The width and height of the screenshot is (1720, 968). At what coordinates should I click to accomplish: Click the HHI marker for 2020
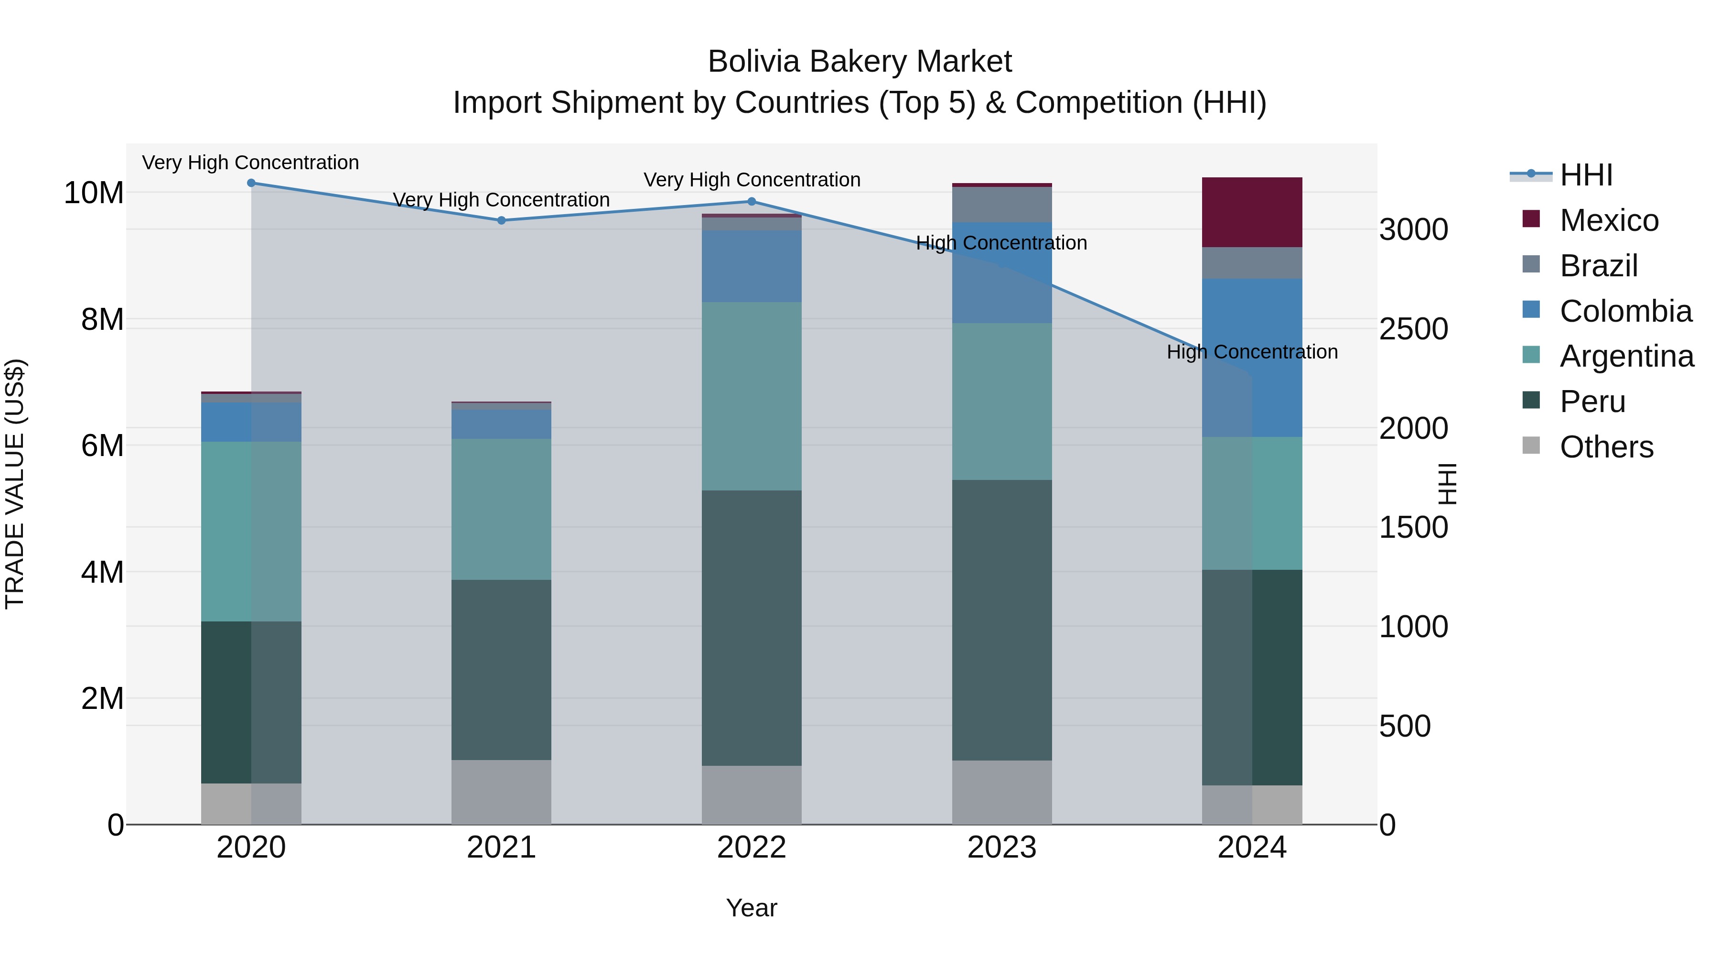pos(251,183)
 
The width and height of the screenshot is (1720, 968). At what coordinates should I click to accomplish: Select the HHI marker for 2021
pos(502,220)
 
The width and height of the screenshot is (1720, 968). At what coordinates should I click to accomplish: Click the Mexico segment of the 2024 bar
pos(1252,212)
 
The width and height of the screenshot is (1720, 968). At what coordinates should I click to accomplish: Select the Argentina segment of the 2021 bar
pos(502,509)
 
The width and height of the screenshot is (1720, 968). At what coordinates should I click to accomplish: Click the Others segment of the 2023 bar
pos(1001,792)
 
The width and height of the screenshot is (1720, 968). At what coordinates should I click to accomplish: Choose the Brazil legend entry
pos(1599,266)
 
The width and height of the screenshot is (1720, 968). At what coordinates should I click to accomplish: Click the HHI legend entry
pos(1586,175)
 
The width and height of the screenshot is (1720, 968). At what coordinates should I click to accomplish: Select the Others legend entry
pos(1606,447)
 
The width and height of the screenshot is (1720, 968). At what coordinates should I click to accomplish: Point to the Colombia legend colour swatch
pos(1531,310)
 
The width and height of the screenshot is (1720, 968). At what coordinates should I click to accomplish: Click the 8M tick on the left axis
pos(102,319)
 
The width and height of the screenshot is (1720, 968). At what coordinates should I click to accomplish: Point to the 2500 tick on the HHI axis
pos(1414,329)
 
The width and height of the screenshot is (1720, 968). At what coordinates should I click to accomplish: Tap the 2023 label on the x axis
pos(1001,848)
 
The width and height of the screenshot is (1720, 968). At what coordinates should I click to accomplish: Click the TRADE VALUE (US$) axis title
pos(15,484)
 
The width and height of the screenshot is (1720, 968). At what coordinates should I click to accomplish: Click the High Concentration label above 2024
pos(1252,352)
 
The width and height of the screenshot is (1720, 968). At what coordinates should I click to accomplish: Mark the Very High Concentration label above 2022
pos(752,180)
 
